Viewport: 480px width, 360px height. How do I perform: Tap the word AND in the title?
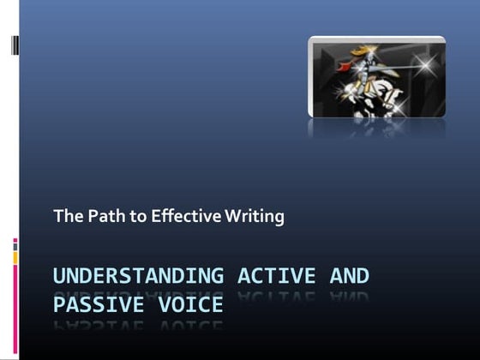click(x=350, y=276)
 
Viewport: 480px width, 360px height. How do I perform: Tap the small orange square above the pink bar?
click(x=15, y=255)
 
